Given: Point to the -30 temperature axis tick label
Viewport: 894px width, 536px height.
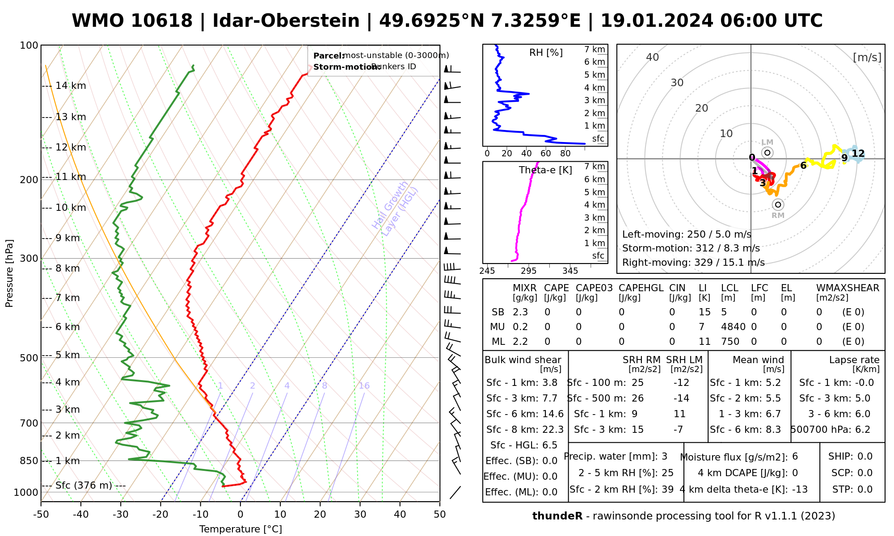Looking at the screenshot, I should coord(121,515).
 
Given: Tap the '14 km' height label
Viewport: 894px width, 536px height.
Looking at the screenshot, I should coord(71,86).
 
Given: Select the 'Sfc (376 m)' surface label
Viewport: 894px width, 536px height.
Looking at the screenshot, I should coord(84,486).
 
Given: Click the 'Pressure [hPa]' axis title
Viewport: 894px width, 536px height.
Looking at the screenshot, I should coord(9,273).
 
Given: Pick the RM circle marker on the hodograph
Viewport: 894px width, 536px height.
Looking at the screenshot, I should coord(778,205).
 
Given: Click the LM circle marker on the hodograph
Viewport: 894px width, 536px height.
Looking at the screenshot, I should coord(767,153).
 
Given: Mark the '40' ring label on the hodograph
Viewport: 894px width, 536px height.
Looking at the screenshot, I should coord(653,57).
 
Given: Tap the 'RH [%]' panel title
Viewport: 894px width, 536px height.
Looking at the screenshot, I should coord(546,53).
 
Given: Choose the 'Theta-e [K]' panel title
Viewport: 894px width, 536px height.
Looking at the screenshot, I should coord(545,170).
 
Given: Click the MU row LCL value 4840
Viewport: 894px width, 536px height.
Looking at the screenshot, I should coord(733,327).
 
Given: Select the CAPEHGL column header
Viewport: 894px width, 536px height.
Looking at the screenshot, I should coord(641,288).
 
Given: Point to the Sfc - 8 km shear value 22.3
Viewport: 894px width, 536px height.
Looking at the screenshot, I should coord(553,430).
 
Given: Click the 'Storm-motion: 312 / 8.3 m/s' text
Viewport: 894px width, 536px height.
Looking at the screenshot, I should coord(691,248).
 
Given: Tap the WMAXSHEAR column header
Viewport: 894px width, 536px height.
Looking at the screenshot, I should coord(848,288).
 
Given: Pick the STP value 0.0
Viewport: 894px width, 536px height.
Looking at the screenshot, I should coord(865,490).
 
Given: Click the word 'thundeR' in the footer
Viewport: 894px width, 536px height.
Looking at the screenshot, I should coord(557,516).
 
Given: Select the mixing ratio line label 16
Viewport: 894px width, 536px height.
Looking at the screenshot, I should coord(364,386).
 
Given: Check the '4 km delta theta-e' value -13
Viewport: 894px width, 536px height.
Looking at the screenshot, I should coord(799,490).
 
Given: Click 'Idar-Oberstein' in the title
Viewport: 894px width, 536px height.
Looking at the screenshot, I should coord(286,21).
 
